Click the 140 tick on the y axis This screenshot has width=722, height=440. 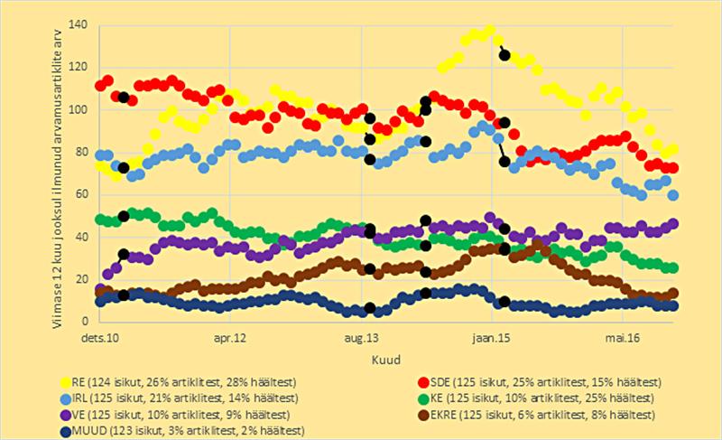pyautogui.click(x=79, y=24)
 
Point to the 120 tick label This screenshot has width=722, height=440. pyautogui.click(x=79, y=67)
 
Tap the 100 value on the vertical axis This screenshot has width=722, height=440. pyautogui.click(x=79, y=109)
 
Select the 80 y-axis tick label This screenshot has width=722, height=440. pyautogui.click(x=81, y=152)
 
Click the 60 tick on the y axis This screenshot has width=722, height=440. pyautogui.click(x=81, y=194)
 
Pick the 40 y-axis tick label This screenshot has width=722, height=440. pyautogui.click(x=81, y=237)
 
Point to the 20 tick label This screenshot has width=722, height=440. pyautogui.click(x=81, y=279)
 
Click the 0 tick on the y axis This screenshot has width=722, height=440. pyautogui.click(x=85, y=322)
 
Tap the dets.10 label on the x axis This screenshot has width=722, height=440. pyautogui.click(x=98, y=338)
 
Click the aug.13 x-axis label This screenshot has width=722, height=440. pyautogui.click(x=361, y=338)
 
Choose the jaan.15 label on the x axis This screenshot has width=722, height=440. pyautogui.click(x=492, y=338)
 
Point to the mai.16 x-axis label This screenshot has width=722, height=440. pyautogui.click(x=623, y=338)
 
